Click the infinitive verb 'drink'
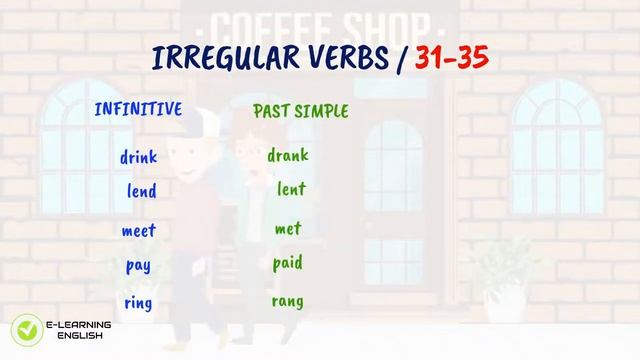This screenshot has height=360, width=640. point(138,157)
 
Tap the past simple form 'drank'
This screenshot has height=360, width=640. point(288,155)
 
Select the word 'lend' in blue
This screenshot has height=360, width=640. point(142,190)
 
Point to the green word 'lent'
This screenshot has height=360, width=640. point(291,189)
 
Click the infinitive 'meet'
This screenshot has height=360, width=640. point(139,230)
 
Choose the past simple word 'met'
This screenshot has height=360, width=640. point(288,229)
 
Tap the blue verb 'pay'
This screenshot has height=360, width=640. point(138,267)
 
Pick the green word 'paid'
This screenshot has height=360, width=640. point(288,264)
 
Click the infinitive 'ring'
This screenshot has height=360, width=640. point(138,303)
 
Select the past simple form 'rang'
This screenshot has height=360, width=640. point(288,301)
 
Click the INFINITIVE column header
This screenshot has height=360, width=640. point(138,110)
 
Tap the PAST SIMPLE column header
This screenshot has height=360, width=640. point(301,111)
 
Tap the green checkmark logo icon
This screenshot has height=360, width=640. point(24,330)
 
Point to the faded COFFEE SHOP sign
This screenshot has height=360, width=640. point(319,23)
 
